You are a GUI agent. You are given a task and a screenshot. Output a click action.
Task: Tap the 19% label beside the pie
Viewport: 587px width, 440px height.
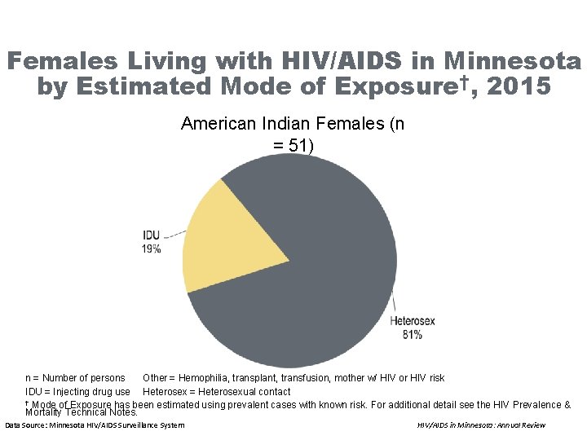(x=151, y=249)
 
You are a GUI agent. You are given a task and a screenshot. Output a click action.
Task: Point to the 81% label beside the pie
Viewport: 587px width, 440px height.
(x=412, y=334)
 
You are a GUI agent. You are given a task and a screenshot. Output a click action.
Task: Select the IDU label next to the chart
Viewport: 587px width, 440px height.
(x=151, y=236)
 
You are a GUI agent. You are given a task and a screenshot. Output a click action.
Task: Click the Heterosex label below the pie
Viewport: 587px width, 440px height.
(x=413, y=321)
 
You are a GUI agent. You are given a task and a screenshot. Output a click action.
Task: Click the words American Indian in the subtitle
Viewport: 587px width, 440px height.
(x=236, y=124)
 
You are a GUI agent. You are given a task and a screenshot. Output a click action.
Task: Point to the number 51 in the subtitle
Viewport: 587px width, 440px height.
(x=298, y=144)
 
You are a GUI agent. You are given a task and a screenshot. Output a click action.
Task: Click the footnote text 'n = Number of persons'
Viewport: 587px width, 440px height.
(x=75, y=378)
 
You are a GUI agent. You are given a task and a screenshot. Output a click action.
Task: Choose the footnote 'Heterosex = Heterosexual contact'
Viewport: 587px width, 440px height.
(x=216, y=392)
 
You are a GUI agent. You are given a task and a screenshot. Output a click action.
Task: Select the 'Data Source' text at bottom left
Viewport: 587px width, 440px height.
(x=95, y=425)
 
